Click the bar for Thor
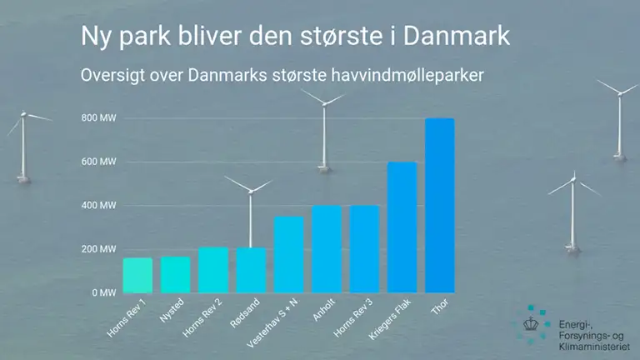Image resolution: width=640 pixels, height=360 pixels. pos(440,205)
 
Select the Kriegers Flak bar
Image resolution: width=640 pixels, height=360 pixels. pos(402,227)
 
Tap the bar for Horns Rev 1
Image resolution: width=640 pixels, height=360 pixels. pos(137,275)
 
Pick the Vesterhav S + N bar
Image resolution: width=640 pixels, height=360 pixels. pos(288,254)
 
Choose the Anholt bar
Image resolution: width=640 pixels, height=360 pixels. pos(327,249)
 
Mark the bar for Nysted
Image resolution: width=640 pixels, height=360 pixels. pos(176,275)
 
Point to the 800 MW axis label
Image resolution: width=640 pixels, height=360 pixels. pos(99,118)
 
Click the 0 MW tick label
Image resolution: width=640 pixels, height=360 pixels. pos(104,292)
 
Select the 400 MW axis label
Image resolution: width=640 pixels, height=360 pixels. pos(99,205)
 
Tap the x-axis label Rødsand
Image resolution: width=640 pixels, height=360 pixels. pos(245,313)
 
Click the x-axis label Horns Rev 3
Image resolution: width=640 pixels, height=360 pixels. pos(353,318)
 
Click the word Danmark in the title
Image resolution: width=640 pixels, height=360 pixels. pos(457,36)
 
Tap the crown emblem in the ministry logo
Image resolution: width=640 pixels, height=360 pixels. pos(531,324)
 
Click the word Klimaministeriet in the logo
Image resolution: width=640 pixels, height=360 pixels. pos(594,347)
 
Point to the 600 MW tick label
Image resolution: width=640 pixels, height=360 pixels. pos(99,162)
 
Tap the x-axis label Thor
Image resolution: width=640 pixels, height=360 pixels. pos(440,306)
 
